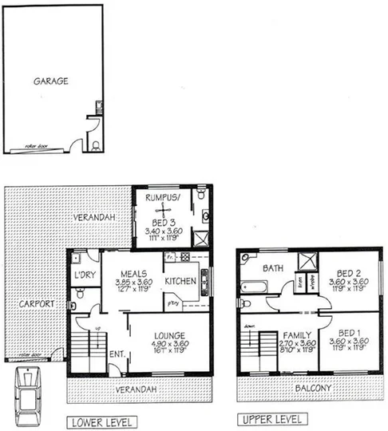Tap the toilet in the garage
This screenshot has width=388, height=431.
point(96,144)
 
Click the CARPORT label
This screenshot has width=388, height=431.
point(38,304)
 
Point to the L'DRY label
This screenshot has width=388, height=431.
point(85,275)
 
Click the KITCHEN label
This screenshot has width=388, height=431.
point(180,281)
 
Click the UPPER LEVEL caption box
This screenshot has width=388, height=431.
point(271,418)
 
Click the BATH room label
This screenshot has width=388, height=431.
point(274,268)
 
